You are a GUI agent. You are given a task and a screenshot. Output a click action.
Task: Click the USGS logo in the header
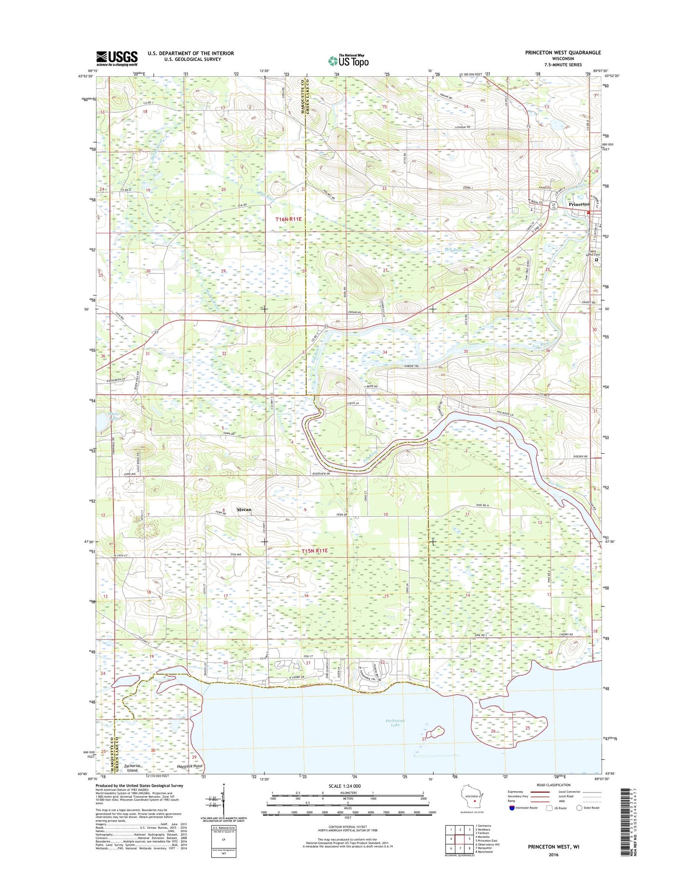click(116, 58)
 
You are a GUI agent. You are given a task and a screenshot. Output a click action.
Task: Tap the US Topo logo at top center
click(348, 61)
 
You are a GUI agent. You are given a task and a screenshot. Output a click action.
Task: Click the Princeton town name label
click(579, 204)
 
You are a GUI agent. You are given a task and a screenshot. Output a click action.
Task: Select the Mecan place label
click(244, 510)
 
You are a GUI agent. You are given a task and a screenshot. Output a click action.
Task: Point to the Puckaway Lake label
click(396, 723)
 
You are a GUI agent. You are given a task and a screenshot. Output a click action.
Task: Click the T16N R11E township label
click(288, 219)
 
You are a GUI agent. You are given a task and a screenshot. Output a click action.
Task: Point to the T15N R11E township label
click(314, 551)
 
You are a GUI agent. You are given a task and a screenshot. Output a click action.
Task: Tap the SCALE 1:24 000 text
click(348, 799)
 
